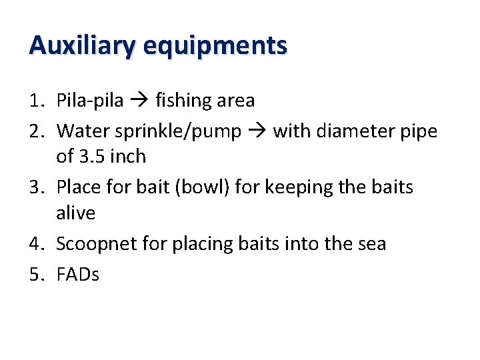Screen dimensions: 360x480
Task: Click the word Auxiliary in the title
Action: tap(82, 46)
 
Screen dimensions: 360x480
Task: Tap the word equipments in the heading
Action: tap(215, 46)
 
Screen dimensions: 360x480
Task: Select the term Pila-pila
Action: tap(90, 101)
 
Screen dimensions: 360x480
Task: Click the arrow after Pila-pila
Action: tap(139, 101)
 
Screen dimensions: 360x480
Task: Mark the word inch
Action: tap(129, 157)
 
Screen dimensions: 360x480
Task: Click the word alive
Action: tap(75, 213)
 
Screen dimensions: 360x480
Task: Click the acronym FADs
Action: tap(78, 274)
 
